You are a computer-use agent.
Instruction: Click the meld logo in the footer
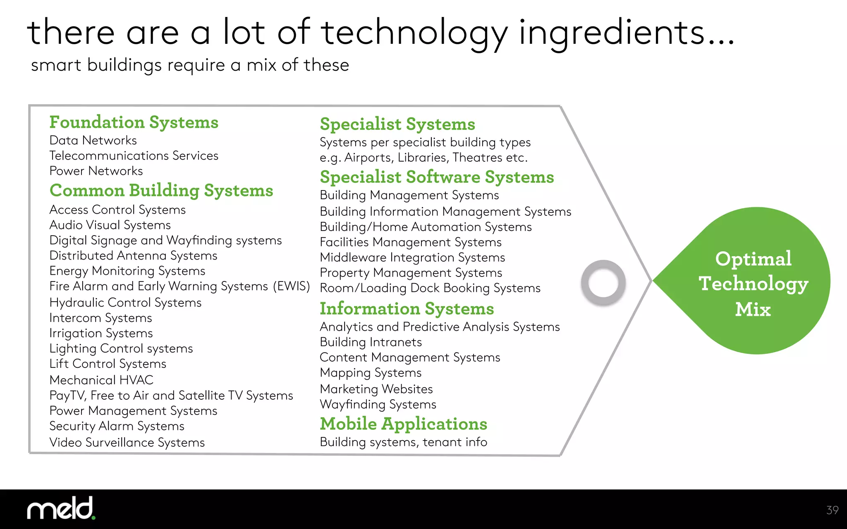61,508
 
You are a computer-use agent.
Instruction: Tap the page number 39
832,510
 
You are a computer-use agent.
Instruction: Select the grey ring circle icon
603,283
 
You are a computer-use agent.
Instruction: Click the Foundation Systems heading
134,122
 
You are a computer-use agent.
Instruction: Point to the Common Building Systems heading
161,191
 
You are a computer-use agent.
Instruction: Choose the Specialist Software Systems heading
437,177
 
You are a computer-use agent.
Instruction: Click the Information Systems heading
407,309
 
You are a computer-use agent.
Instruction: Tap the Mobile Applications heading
403,424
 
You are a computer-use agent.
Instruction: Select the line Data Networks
93,141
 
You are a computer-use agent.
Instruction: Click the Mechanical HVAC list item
101,380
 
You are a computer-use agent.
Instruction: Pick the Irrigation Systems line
101,333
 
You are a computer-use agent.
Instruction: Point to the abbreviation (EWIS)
291,286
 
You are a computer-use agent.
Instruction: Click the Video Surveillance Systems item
127,442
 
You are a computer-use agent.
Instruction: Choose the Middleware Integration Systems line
412,257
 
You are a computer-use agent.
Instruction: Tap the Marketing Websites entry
376,389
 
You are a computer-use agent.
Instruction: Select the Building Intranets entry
371,342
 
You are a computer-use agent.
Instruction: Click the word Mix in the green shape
753,309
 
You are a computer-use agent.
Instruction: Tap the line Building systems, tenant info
403,442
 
